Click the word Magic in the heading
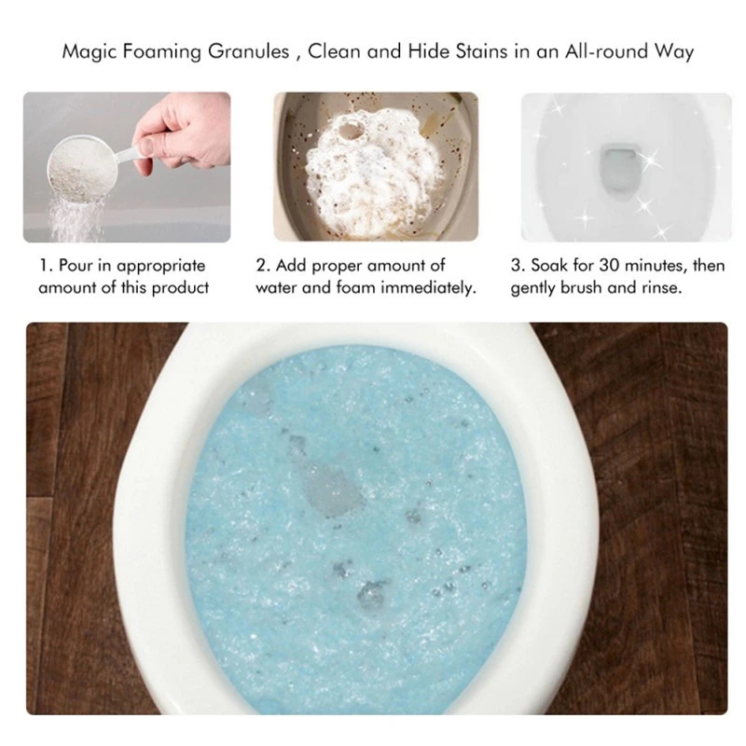pyautogui.click(x=89, y=52)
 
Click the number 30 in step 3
pyautogui.click(x=609, y=265)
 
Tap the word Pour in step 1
pyautogui.click(x=76, y=265)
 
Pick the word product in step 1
pyautogui.click(x=180, y=288)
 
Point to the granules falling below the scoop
pyautogui.click(x=76, y=220)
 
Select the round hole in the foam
pyautogui.click(x=353, y=129)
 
